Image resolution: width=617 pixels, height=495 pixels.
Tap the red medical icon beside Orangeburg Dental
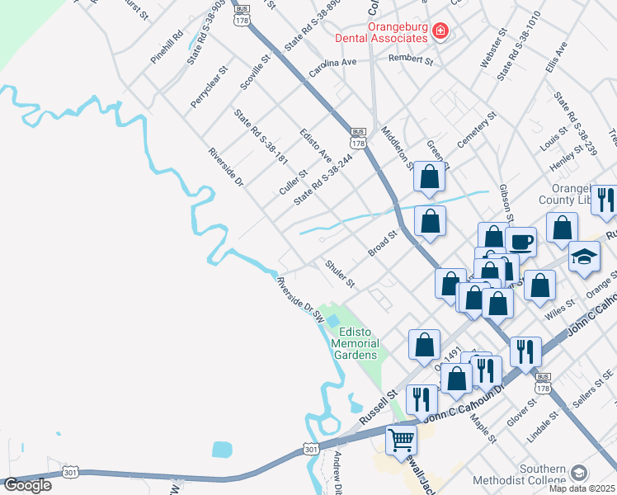440,31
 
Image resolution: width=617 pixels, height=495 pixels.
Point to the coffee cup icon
520,242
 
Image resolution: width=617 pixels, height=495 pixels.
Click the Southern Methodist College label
519,479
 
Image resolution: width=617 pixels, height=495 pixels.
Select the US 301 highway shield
310,449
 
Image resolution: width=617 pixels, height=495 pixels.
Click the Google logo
27,485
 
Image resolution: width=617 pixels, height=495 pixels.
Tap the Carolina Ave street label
332,68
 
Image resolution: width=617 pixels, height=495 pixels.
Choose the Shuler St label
339,272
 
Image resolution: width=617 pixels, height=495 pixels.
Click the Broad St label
383,243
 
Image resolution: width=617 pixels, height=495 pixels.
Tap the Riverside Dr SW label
299,299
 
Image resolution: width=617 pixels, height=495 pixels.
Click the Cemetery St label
476,131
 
